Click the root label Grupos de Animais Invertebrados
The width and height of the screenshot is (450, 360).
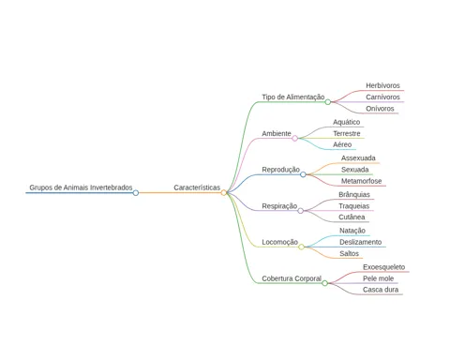coord(81,187)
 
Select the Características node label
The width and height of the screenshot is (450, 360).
coord(197,187)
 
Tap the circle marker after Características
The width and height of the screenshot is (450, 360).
coord(224,193)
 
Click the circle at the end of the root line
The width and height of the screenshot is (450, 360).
coord(136,193)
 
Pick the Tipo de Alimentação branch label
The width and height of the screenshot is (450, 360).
coord(293,97)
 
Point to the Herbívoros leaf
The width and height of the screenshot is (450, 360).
coord(382,85)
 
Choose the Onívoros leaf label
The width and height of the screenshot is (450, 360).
coord(380,109)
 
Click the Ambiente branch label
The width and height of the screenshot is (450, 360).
coord(277,133)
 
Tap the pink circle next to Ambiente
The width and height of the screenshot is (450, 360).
coord(294,138)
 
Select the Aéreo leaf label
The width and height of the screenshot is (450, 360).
coord(342,144)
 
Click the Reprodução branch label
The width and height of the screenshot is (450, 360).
coord(280,170)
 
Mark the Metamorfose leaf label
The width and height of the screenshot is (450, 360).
coord(361,181)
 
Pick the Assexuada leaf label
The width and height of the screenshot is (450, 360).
coord(358,158)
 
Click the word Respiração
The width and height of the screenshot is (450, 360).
coord(279,206)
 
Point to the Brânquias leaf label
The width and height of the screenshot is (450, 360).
coord(354,194)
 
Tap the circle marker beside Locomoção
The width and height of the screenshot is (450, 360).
coord(301,247)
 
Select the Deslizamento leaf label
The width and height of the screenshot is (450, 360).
coord(361,242)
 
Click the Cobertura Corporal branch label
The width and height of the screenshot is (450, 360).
coord(292,278)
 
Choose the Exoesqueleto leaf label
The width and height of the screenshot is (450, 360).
coord(383,267)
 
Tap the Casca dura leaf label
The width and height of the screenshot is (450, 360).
coord(381,290)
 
